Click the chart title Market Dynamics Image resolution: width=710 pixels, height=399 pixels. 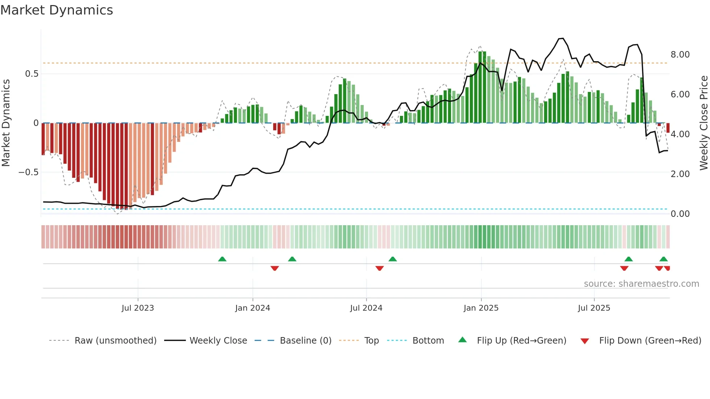tap(57, 10)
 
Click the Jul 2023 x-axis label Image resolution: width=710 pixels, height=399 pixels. tap(138, 308)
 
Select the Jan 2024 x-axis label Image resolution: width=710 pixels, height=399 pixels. tap(252, 308)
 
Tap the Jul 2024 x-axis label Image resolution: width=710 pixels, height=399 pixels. tap(366, 308)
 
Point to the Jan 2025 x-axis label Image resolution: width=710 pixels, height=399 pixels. tap(481, 308)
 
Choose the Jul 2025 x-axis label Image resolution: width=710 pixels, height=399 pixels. tap(594, 308)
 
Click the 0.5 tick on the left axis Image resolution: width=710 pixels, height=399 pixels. tap(32, 74)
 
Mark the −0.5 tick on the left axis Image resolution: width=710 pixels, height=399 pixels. tap(29, 172)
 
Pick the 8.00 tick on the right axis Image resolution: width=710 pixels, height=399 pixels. tap(680, 55)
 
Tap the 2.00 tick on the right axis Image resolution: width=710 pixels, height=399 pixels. tap(680, 174)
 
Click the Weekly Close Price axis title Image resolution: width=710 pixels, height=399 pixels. tap(703, 123)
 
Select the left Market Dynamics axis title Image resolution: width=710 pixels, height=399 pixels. tap(6, 123)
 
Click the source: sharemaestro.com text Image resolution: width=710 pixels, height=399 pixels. tap(641, 284)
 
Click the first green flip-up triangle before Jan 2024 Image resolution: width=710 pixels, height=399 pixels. tap(222, 259)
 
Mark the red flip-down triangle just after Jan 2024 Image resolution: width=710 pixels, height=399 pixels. tap(275, 268)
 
